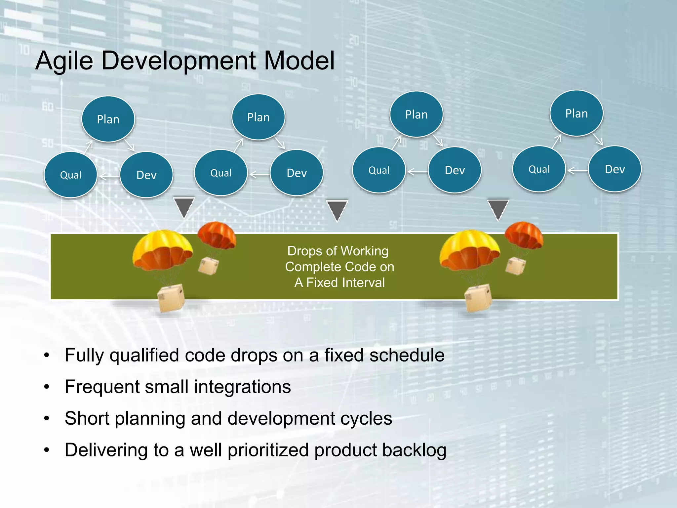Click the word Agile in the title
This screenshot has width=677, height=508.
click(x=64, y=61)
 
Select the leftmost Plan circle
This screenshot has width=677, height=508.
click(x=108, y=119)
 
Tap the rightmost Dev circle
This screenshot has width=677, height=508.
click(x=615, y=169)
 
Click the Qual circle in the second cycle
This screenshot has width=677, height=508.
click(x=221, y=173)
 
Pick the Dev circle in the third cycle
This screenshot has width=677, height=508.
click(x=455, y=170)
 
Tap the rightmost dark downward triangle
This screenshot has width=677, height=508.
click(x=498, y=209)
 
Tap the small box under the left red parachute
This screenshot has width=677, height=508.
click(x=208, y=266)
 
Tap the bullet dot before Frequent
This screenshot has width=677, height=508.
click(x=47, y=387)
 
